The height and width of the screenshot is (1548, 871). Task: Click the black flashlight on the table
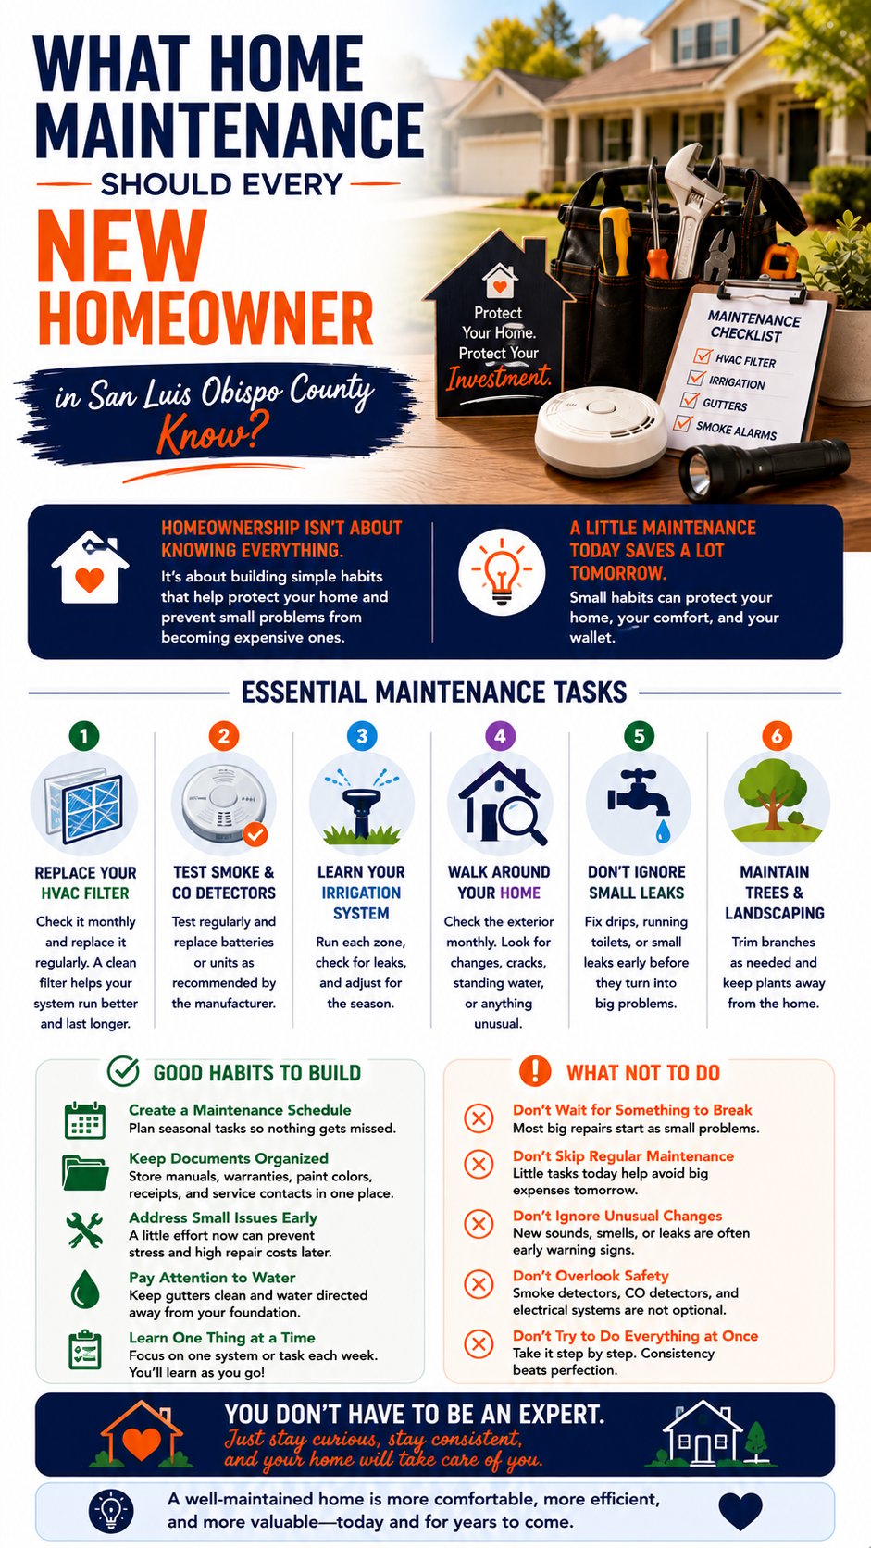[x=764, y=467]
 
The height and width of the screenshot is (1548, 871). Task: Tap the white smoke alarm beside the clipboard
[x=600, y=430]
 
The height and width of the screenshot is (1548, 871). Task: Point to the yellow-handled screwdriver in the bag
[x=614, y=242]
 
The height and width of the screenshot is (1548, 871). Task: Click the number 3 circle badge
[x=362, y=736]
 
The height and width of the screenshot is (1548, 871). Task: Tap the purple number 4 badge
[x=500, y=736]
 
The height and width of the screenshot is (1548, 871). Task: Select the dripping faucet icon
[x=640, y=805]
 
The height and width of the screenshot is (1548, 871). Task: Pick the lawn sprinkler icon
[x=361, y=806]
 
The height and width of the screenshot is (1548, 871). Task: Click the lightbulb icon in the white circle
[x=502, y=572]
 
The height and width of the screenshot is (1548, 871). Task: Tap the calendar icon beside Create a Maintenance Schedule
[x=85, y=1120]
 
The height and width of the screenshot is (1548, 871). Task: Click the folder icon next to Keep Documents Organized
[x=85, y=1173]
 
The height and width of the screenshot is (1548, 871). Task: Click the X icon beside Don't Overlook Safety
[x=478, y=1284]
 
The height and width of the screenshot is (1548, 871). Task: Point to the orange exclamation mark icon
[x=535, y=1071]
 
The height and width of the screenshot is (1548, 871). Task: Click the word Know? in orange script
[x=212, y=434]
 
